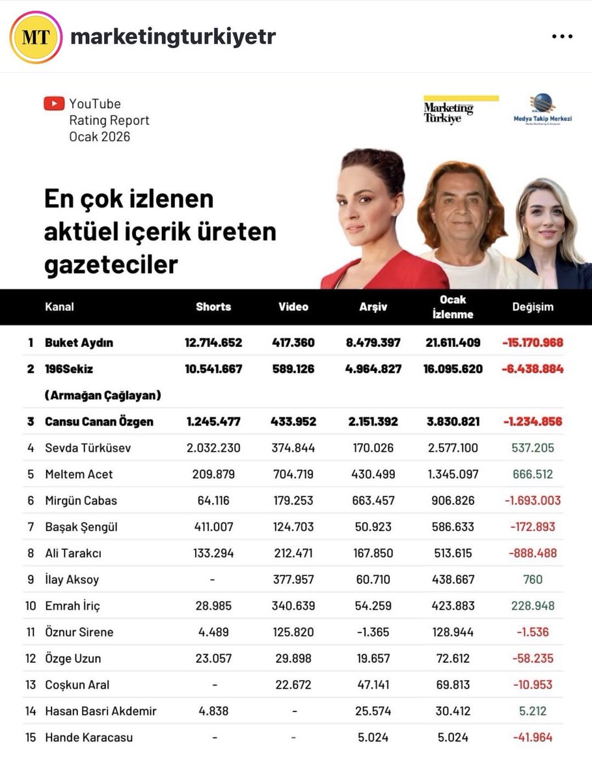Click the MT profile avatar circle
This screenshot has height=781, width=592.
click(x=36, y=37)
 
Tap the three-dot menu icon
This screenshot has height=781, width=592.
click(x=561, y=37)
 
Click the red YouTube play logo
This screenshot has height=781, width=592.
click(x=54, y=103)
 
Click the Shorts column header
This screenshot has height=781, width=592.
click(x=213, y=307)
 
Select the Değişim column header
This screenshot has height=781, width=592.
click(x=532, y=307)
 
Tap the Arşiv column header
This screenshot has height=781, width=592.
click(x=373, y=307)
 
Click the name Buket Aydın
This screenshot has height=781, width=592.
click(x=79, y=342)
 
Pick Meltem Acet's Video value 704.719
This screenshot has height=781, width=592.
click(x=293, y=474)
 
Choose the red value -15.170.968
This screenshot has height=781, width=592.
click(x=532, y=342)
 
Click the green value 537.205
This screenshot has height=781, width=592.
click(x=532, y=448)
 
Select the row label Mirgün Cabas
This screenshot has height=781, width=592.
click(x=81, y=500)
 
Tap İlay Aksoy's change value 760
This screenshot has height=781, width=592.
click(x=532, y=579)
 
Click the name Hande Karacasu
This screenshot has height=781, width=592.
click(x=88, y=737)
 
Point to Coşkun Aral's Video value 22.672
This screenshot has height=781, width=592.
click(x=293, y=685)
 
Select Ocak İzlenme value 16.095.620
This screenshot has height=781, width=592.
click(x=453, y=369)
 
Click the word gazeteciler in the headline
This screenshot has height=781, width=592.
click(x=111, y=264)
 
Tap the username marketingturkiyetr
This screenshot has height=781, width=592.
click(x=173, y=37)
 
